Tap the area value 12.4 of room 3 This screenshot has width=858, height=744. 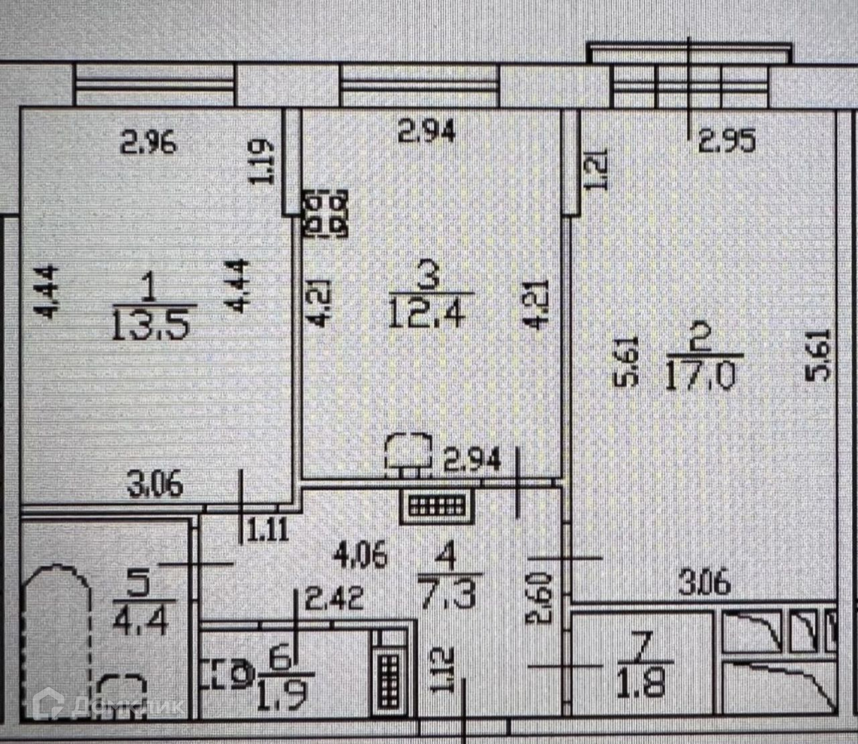click(x=426, y=313)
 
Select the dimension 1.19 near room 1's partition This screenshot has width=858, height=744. click(x=261, y=161)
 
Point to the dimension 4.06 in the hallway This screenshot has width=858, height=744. click(x=361, y=556)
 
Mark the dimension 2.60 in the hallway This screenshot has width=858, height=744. click(x=541, y=598)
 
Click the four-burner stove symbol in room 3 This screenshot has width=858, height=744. click(x=327, y=213)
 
